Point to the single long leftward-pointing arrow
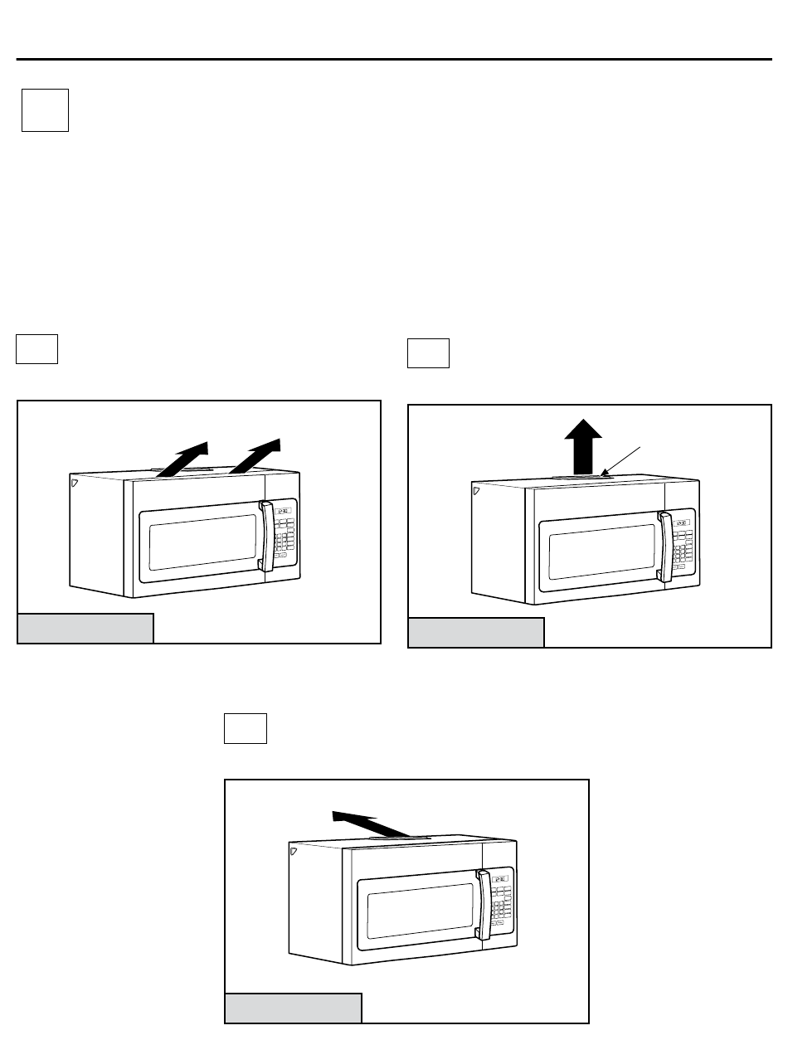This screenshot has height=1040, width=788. click(372, 824)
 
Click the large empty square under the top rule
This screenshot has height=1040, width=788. click(45, 109)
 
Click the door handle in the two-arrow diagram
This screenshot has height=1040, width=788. click(265, 536)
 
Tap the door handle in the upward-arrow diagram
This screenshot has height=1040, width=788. click(664, 546)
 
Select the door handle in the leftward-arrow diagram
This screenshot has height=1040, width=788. click(482, 904)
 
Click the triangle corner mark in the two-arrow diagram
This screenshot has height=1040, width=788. click(74, 480)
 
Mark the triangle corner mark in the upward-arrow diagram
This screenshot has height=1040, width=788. click(476, 490)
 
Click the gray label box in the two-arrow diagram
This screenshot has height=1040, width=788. click(86, 628)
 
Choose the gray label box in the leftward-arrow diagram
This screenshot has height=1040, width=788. click(294, 1008)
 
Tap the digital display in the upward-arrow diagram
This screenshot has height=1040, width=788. click(683, 523)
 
